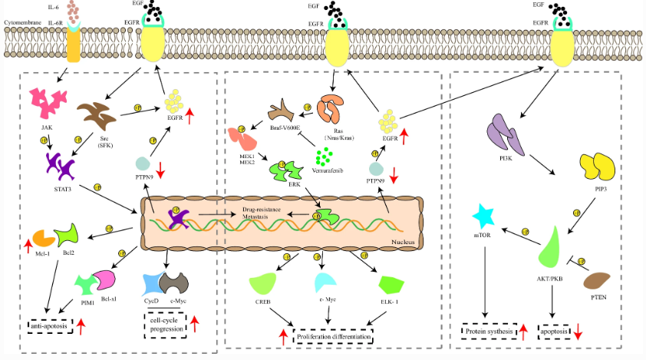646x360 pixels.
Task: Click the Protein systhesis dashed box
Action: pyautogui.click(x=489, y=332)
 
